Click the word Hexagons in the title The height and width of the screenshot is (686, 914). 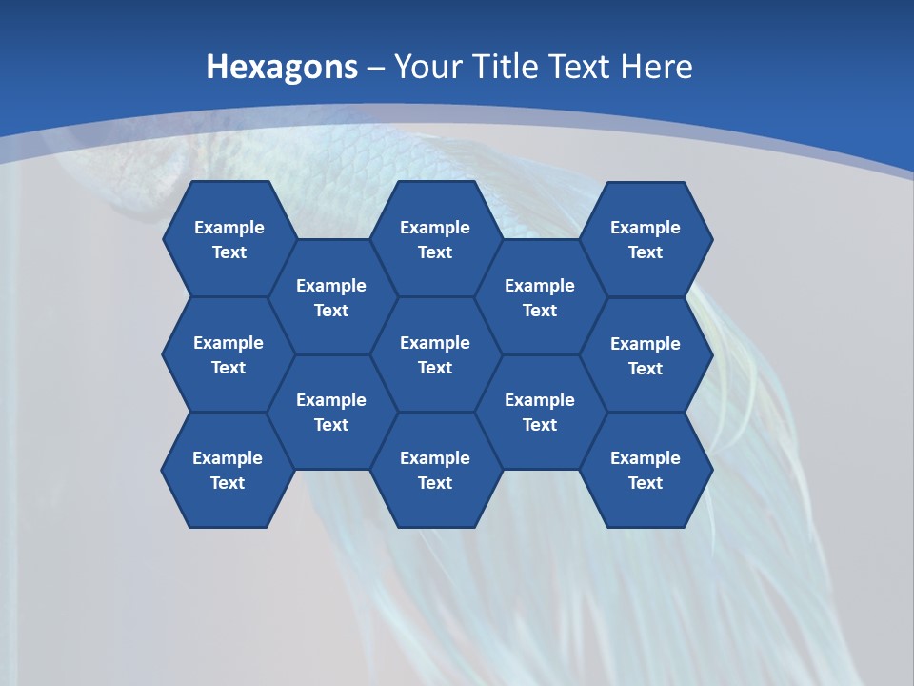282,68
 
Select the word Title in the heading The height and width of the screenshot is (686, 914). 510,68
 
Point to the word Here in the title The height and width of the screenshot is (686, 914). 656,68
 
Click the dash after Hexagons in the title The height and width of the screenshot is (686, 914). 376,68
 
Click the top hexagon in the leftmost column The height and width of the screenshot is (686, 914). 229,239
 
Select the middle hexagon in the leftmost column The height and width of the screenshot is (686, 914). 228,354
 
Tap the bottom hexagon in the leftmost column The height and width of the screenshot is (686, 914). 228,470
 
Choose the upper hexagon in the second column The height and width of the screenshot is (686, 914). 331,297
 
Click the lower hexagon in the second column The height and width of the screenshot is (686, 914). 331,412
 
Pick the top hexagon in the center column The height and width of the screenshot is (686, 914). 435,239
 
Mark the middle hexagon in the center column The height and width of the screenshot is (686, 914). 435,354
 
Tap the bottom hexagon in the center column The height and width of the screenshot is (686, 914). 435,470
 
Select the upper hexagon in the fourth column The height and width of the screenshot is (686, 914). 540,297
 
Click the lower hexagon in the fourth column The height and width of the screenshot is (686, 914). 540,412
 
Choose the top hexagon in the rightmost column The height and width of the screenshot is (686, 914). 646,239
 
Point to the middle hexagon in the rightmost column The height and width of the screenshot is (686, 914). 646,355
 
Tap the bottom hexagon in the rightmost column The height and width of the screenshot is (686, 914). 646,470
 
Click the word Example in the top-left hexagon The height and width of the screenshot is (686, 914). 229,228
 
